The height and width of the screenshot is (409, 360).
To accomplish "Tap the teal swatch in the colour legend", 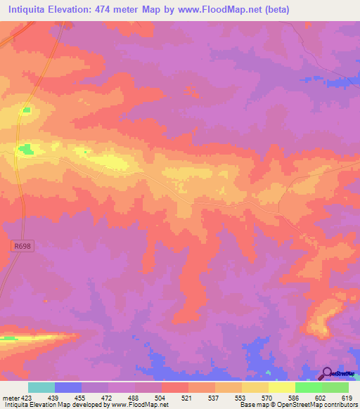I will [x=41, y=387].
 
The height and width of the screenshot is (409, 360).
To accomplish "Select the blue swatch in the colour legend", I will [x=68, y=387].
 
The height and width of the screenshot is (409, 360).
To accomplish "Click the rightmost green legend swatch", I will [x=335, y=387].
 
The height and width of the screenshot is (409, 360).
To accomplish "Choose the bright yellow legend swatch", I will [x=282, y=387].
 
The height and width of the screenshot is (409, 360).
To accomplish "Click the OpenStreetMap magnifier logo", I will [x=328, y=373].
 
